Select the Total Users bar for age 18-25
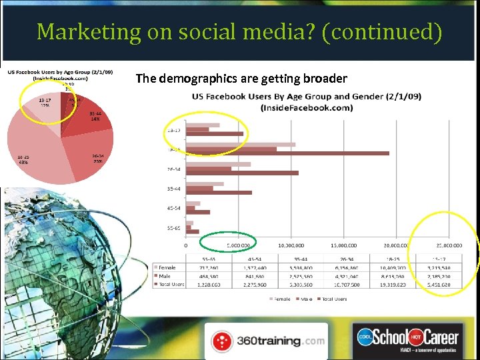click(287, 153)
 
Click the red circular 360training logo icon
click(222, 341)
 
